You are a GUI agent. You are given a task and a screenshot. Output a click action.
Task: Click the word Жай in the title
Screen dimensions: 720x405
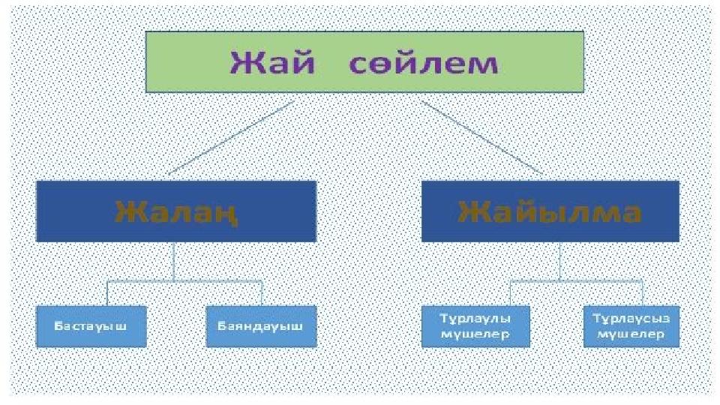pos(272,62)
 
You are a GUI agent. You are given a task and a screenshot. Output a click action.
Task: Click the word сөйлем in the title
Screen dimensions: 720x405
pos(423,63)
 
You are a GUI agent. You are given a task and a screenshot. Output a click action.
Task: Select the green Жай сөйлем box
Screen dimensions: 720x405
pos(364,62)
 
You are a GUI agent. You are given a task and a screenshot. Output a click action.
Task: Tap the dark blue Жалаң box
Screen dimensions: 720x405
pos(176,211)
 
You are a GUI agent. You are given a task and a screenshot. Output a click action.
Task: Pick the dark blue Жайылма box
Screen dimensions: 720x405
pos(550,211)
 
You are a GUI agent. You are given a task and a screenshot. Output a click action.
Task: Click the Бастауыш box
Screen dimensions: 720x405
pos(91,326)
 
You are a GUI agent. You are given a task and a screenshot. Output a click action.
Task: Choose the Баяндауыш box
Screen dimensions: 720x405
pos(261,326)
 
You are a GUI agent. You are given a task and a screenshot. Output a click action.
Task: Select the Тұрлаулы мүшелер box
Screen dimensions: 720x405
pos(475,326)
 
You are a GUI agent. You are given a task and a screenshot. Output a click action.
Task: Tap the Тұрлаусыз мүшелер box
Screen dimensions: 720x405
pos(631,326)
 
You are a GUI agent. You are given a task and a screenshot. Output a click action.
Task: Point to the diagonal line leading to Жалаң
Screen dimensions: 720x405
pos(231,138)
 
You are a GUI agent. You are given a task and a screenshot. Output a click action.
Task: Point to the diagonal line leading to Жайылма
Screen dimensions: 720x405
pos(482,138)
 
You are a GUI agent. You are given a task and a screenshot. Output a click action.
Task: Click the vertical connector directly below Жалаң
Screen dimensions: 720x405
pos(173,261)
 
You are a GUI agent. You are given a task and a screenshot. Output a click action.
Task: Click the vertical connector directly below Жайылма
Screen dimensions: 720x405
pos(559,261)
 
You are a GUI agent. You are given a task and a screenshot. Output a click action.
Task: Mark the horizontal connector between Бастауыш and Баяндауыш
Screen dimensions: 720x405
pos(184,280)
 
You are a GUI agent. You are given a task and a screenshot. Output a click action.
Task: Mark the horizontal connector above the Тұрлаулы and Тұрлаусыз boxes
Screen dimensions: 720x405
pos(576,280)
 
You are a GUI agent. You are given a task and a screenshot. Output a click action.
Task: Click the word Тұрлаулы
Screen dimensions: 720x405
pos(475,319)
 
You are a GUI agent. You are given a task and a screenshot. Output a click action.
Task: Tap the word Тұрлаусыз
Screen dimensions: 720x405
pos(631,319)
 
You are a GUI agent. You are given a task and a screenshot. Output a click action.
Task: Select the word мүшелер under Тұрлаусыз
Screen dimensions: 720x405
pos(631,334)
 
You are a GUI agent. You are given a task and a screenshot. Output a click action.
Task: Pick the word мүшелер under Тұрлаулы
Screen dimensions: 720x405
pos(475,334)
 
